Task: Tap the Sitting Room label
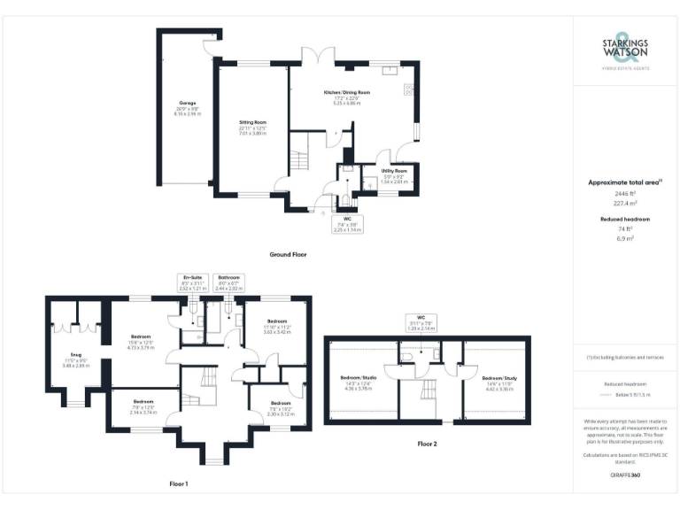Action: [252, 127]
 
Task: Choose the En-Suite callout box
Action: [192, 282]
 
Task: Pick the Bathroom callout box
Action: [229, 282]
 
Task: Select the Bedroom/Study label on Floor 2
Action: [492, 382]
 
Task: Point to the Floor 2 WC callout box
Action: [421, 322]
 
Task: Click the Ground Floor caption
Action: [288, 254]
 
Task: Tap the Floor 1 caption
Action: [178, 484]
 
